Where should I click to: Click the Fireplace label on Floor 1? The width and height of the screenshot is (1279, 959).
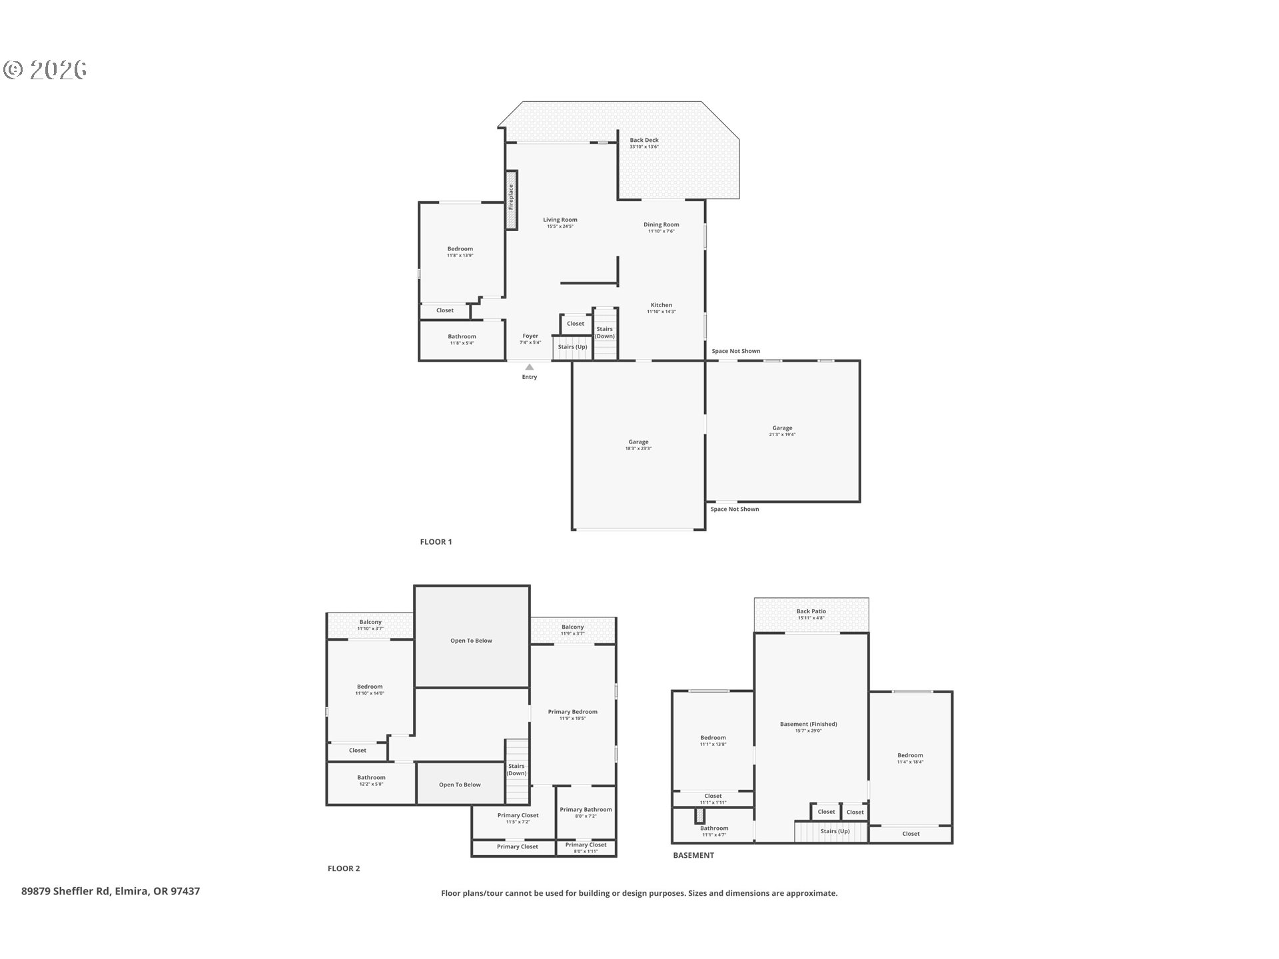(511, 198)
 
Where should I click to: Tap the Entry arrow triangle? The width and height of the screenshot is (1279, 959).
(529, 367)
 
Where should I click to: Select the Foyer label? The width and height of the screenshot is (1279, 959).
(530, 337)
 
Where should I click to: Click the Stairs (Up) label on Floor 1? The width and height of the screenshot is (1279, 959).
(572, 347)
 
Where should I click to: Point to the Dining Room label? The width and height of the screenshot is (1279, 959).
(661, 225)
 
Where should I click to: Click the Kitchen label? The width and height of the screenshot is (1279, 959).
(661, 306)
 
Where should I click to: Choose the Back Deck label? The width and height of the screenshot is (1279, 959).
(644, 141)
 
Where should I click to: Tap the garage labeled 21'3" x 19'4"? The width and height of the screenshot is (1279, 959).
(782, 429)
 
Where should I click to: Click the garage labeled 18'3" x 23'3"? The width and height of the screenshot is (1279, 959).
(638, 442)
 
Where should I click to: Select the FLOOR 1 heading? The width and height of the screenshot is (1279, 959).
(436, 542)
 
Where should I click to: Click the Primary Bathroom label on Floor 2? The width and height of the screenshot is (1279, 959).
(586, 810)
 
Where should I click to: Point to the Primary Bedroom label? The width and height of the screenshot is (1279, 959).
(572, 713)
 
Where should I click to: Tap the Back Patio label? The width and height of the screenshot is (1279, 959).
(811, 612)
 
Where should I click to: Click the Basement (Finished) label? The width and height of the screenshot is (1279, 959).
(808, 725)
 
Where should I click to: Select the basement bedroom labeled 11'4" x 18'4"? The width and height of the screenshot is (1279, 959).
(909, 756)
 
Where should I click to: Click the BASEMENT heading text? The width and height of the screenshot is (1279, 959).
(693, 856)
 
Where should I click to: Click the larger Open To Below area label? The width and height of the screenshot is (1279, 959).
(471, 641)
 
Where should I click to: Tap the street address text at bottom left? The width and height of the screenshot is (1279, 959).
(111, 892)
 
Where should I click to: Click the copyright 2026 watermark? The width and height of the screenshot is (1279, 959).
(45, 70)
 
